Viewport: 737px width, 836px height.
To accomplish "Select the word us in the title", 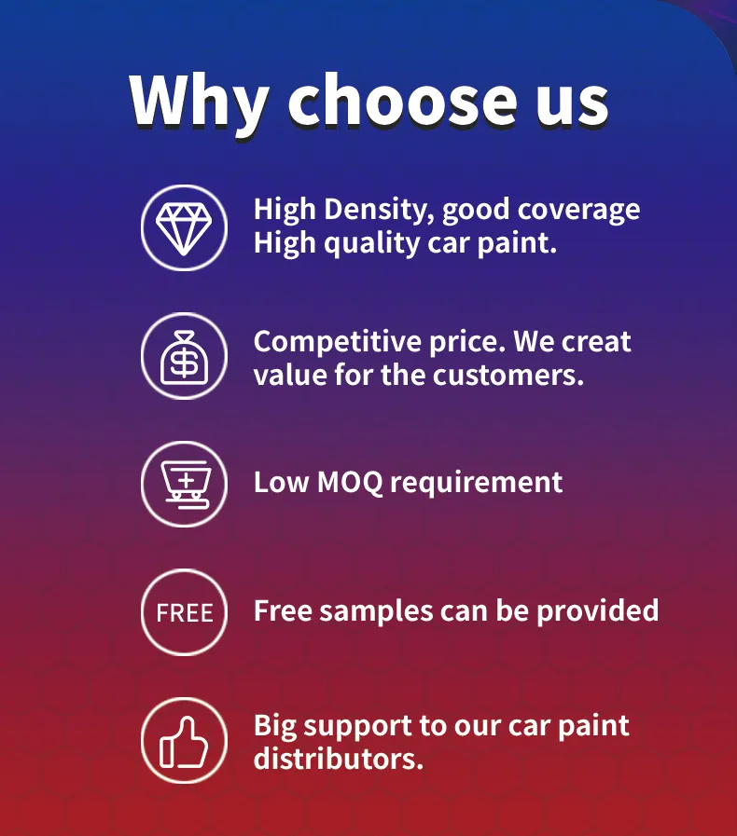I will (569, 103).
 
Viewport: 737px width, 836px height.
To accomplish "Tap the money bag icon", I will (184, 356).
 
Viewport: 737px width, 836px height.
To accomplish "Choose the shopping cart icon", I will (184, 484).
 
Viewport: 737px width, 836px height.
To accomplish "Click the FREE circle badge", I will (184, 612).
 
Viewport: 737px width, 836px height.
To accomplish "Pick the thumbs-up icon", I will (184, 741).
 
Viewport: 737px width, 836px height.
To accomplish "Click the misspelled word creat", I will (596, 342).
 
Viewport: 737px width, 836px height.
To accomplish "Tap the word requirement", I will (476, 484).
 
